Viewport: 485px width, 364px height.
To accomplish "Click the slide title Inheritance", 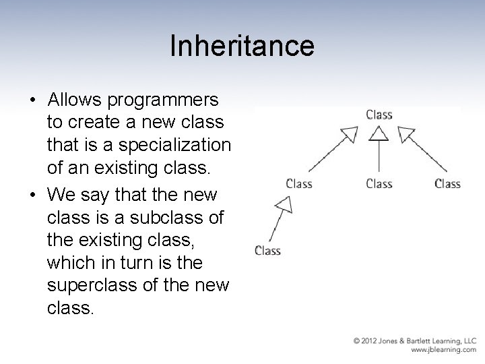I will click(x=242, y=46).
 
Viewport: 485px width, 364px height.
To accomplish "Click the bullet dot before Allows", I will click(x=33, y=100).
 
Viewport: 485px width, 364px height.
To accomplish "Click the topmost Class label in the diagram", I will click(x=379, y=115).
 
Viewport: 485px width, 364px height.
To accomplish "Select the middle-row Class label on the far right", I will click(x=447, y=183).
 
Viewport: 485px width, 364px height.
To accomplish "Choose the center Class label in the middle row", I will click(x=379, y=183).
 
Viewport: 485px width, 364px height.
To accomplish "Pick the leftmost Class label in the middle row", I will click(x=299, y=183).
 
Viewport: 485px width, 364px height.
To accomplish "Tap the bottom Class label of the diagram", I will click(x=267, y=251).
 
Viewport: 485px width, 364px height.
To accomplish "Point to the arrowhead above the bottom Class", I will click(x=284, y=204).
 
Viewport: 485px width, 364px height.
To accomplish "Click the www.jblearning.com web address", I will click(x=443, y=351).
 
